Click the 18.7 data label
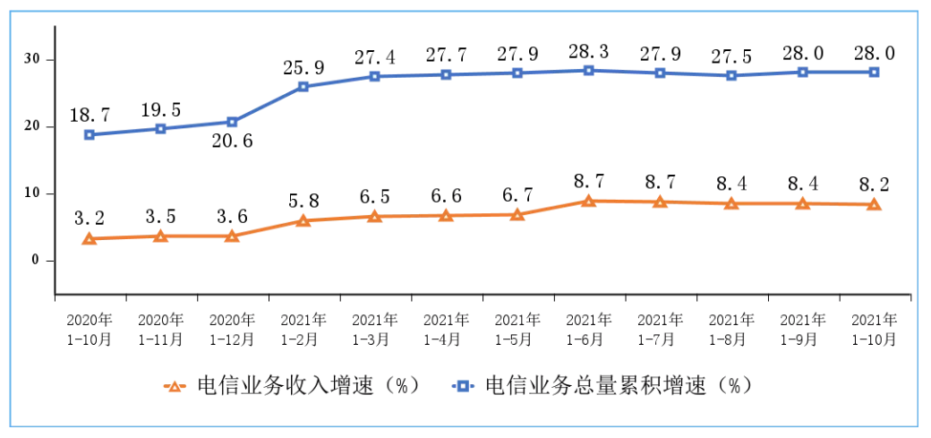[x=90, y=115]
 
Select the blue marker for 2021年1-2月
[x=303, y=87]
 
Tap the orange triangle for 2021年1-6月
[x=588, y=201]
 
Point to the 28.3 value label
[x=588, y=47]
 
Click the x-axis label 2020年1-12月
[x=232, y=330]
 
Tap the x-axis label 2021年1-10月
[x=874, y=330]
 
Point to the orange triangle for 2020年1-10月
[x=90, y=238]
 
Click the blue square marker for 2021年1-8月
[x=731, y=75]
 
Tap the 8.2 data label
[x=874, y=184]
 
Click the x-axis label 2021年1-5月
[x=517, y=330]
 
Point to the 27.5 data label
[x=731, y=52]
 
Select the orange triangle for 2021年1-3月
[x=374, y=216]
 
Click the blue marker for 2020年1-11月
[x=161, y=129]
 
